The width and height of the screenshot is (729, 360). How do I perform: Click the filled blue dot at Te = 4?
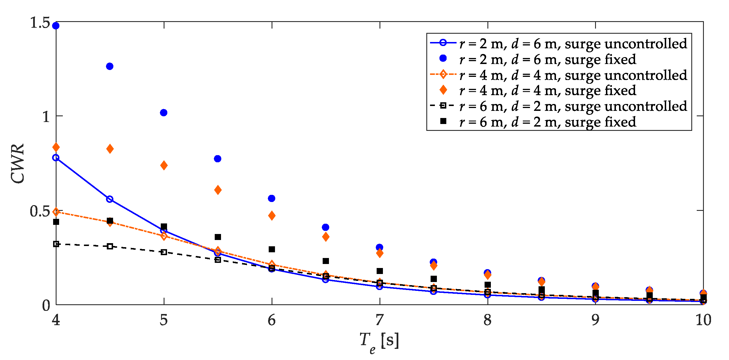pyautogui.click(x=56, y=26)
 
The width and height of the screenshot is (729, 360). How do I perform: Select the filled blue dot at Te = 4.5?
pyautogui.click(x=110, y=66)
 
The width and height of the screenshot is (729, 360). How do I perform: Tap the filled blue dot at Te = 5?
pyautogui.click(x=164, y=113)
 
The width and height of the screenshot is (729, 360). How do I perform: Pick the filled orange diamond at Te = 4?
pyautogui.click(x=56, y=147)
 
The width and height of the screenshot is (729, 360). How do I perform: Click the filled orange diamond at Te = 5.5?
pyautogui.click(x=218, y=190)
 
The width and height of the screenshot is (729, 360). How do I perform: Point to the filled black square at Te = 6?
pyautogui.click(x=272, y=249)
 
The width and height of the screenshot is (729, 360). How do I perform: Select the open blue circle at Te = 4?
pyautogui.click(x=56, y=158)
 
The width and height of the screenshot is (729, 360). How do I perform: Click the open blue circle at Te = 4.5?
pyautogui.click(x=110, y=199)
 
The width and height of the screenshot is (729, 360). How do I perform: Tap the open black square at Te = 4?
pyautogui.click(x=56, y=244)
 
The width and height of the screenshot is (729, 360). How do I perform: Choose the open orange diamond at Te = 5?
pyautogui.click(x=164, y=236)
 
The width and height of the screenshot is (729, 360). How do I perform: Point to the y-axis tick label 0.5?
pyautogui.click(x=40, y=211)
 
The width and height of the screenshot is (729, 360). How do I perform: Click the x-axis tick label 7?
pyautogui.click(x=379, y=320)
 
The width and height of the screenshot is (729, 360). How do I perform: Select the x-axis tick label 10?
pyautogui.click(x=703, y=320)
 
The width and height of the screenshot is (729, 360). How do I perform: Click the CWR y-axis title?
pyautogui.click(x=18, y=163)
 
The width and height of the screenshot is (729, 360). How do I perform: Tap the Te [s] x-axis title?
pyautogui.click(x=379, y=341)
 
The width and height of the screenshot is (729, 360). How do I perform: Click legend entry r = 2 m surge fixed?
pyautogui.click(x=547, y=59)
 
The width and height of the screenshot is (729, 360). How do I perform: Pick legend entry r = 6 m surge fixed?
pyautogui.click(x=547, y=122)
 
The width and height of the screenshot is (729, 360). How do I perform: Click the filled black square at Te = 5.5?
pyautogui.click(x=218, y=237)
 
